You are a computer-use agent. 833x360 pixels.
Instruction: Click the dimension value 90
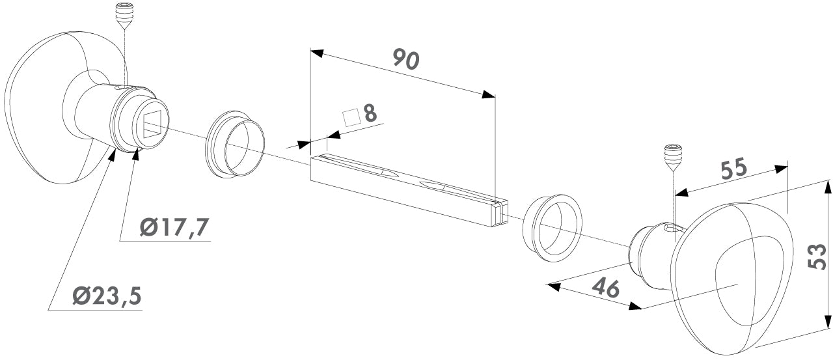(407, 59)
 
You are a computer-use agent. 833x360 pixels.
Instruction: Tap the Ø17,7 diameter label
(174, 228)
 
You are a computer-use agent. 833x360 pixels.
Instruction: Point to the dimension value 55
(733, 169)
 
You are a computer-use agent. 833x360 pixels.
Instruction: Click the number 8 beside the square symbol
(370, 113)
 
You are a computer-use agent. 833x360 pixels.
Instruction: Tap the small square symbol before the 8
(352, 117)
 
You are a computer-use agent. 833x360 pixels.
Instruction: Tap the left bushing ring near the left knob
(236, 148)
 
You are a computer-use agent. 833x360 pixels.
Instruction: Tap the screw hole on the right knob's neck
(668, 227)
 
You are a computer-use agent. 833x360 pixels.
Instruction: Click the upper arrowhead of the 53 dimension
(827, 187)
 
